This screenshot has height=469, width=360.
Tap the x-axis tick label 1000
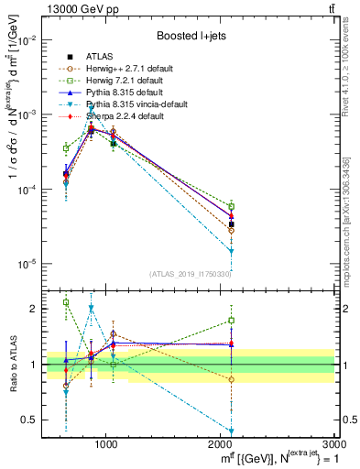click(x=106, y=443)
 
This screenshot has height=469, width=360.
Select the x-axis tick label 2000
click(x=221, y=443)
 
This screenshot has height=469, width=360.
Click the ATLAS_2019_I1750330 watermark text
click(x=190, y=274)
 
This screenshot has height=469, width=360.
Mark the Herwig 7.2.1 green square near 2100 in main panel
click(x=232, y=206)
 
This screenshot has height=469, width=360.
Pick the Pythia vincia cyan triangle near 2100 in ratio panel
click(x=232, y=431)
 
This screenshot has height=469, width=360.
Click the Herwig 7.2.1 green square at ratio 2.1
click(x=66, y=302)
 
